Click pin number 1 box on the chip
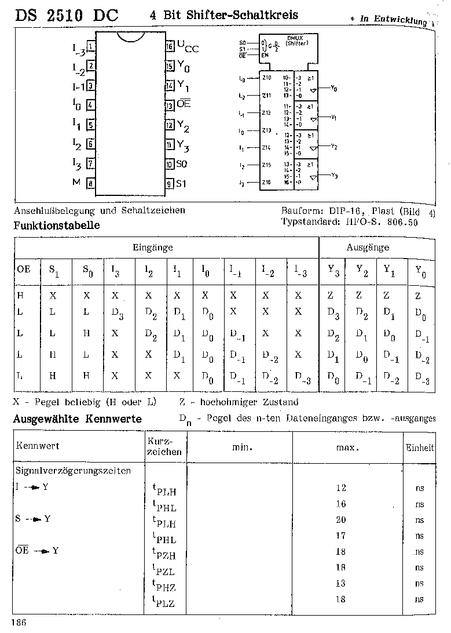[91, 46]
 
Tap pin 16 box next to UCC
[170, 46]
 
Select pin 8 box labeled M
[91, 184]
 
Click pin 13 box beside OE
[170, 106]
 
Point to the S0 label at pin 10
[182, 165]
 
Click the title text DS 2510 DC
[67, 16]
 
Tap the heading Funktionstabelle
[57, 225]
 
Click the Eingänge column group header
[153, 248]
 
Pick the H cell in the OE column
[20, 296]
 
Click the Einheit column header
[420, 448]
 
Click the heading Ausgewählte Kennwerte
[78, 420]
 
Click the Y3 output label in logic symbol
[334, 175]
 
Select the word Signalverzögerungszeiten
[72, 471]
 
